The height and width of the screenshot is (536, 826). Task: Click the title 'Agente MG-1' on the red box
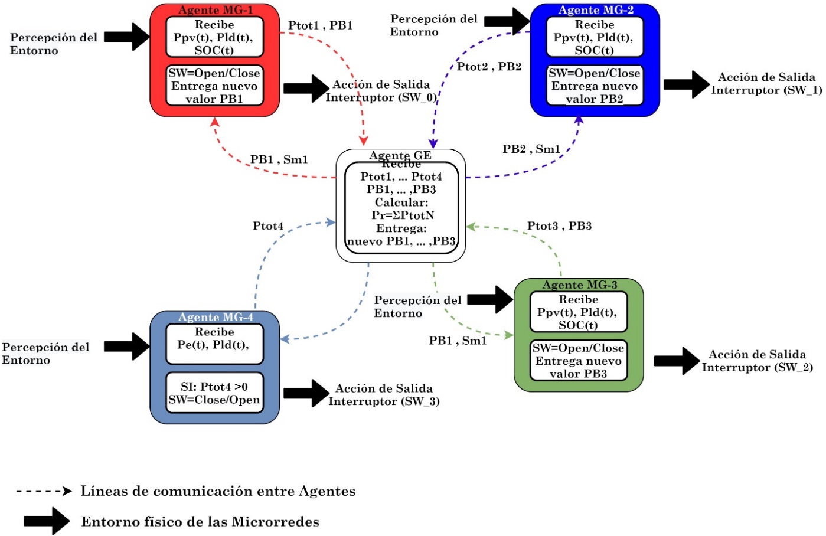click(x=215, y=10)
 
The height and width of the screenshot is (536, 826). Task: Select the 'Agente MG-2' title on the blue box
click(x=595, y=10)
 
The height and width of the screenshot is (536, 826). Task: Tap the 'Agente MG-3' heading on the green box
click(x=579, y=285)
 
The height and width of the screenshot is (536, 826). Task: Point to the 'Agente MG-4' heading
click(x=215, y=318)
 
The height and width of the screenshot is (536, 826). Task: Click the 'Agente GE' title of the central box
click(x=400, y=155)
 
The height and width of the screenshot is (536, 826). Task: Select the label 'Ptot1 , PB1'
click(x=320, y=25)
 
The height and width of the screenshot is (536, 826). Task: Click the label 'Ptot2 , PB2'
click(x=489, y=67)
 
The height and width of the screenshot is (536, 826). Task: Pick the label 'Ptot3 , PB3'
click(x=559, y=226)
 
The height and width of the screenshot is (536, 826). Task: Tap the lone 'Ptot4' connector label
click(x=268, y=226)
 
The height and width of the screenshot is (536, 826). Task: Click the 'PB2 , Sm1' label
click(x=531, y=149)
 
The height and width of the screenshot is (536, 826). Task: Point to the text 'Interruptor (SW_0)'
click(x=381, y=97)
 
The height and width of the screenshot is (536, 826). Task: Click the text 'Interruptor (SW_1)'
click(x=766, y=90)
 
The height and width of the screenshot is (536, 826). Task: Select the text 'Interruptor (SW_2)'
click(x=757, y=368)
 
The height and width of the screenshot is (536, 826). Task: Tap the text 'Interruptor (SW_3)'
click(x=384, y=401)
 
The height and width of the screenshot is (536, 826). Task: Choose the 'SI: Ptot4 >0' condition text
click(x=214, y=387)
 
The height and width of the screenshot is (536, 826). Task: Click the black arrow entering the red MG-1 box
click(x=127, y=37)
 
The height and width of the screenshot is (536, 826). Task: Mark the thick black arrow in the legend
click(x=47, y=521)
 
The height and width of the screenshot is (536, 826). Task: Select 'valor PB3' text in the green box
click(x=578, y=374)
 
